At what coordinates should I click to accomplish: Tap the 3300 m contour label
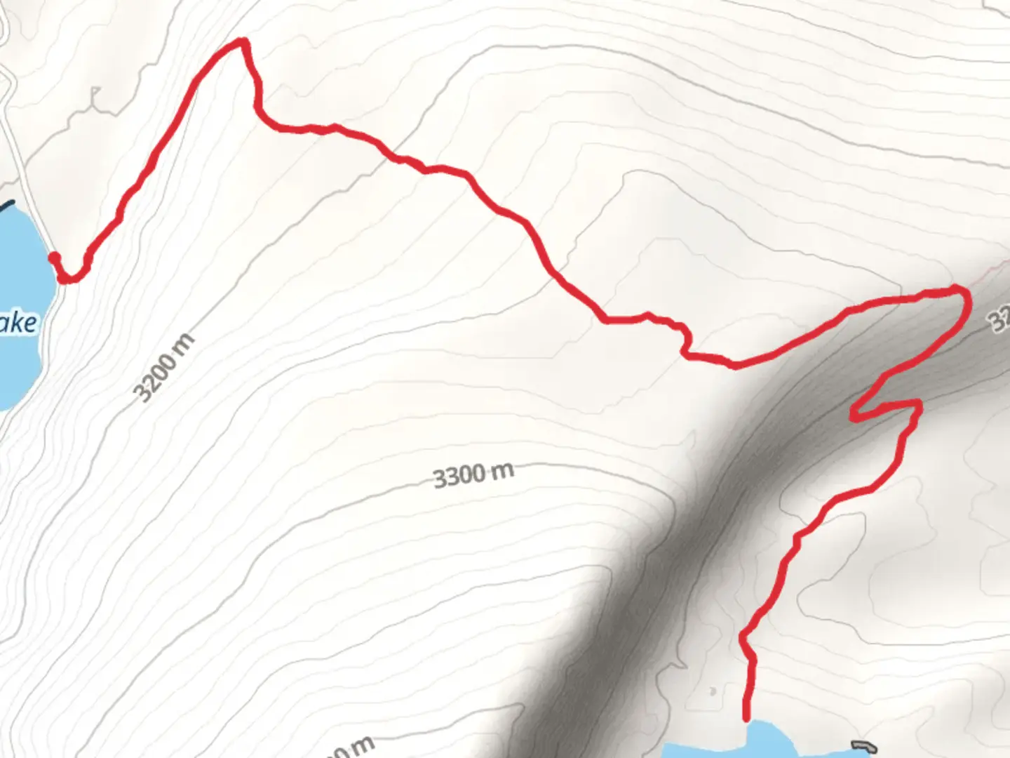point(473,476)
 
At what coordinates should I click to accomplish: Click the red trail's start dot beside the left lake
point(53,258)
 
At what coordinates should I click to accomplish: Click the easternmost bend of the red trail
point(967,298)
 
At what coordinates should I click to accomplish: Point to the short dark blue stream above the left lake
point(6,206)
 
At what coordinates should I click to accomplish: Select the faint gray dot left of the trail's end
point(713,691)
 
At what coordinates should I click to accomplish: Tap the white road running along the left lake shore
point(35,211)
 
